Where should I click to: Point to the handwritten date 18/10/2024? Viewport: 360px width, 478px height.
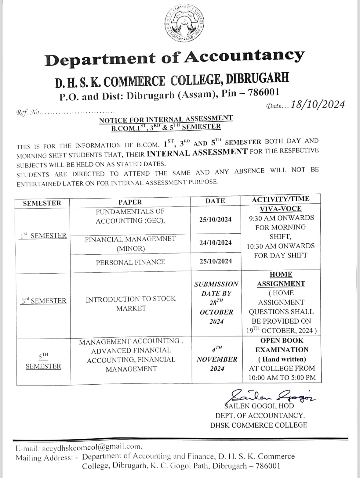(318, 105)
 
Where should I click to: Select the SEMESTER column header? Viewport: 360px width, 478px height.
(42, 203)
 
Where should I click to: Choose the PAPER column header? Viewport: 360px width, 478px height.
(130, 202)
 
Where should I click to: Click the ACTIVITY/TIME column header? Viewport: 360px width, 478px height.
(280, 199)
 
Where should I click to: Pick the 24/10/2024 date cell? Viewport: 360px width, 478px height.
(216, 243)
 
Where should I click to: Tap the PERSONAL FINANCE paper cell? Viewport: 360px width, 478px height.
(130, 262)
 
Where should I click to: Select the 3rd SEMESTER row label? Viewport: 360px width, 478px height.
(44, 301)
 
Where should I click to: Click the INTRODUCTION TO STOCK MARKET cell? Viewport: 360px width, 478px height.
(131, 304)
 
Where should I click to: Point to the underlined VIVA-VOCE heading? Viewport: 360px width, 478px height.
(280, 209)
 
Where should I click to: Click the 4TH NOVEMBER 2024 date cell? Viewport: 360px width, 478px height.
(217, 359)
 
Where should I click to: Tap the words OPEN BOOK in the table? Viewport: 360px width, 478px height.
(282, 341)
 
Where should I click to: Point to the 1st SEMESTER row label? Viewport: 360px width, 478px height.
(43, 236)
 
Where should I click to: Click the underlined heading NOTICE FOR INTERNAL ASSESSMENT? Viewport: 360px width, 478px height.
(166, 119)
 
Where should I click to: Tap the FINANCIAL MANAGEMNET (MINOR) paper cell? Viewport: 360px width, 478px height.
(130, 244)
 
